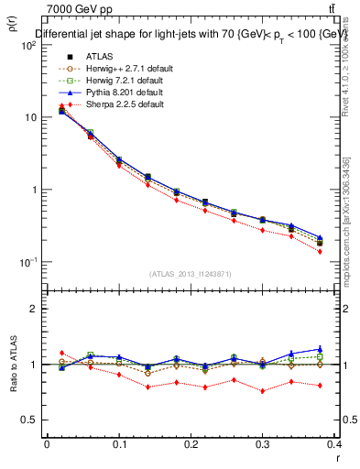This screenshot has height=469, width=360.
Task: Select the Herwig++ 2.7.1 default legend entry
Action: [125, 69]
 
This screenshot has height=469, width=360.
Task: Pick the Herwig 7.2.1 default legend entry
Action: [123, 81]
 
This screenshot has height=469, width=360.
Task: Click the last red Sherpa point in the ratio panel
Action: [320, 386]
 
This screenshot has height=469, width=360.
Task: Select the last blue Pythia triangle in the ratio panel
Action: [320, 349]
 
